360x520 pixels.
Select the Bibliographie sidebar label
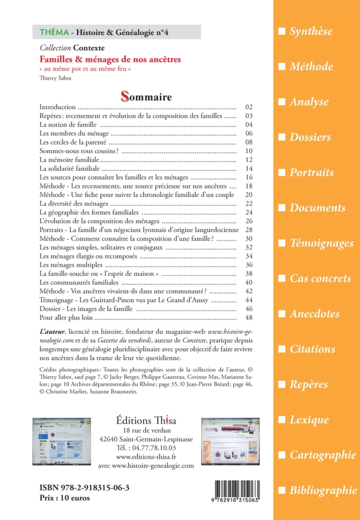coord(323,490)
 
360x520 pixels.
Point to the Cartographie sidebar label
coord(323,455)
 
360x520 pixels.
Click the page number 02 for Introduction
coord(249,107)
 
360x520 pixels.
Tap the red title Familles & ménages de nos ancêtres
coord(110,60)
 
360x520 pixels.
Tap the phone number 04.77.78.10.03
coord(151,448)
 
